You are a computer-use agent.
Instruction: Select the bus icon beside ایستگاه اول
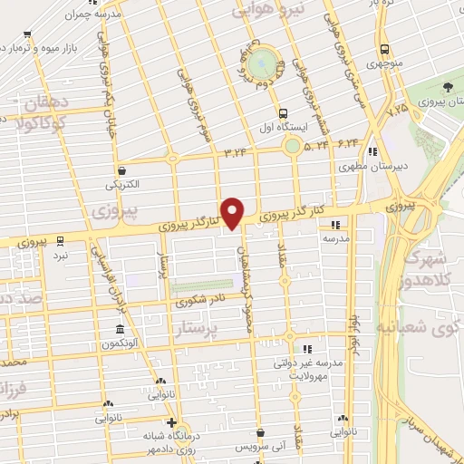285,114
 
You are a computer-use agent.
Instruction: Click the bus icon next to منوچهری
384,49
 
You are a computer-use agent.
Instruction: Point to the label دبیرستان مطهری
362,167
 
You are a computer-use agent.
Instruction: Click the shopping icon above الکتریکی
121,169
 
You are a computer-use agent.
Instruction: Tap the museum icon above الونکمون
121,329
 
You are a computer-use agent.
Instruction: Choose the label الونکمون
121,344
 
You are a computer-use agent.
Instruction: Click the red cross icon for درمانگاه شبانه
171,422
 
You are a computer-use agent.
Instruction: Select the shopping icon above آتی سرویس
261,432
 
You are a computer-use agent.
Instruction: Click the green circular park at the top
262,63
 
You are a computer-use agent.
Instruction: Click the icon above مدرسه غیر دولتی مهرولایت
307,348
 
